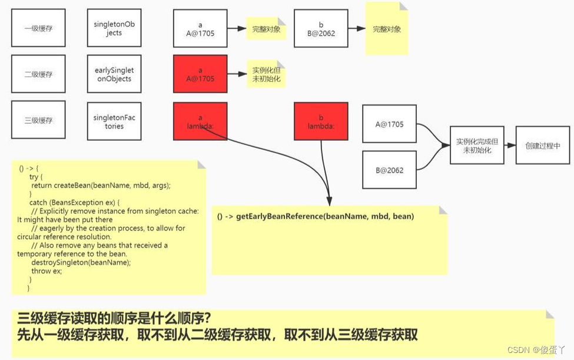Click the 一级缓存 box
tap(38, 28)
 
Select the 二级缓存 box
tap(38, 74)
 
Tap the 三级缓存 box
tap(38, 120)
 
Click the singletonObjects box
tap(114, 28)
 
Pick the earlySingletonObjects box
tap(114, 74)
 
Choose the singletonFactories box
tap(114, 121)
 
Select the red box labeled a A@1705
tap(200, 74)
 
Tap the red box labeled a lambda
tap(200, 121)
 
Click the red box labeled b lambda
tap(321, 121)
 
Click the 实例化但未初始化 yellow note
tap(266, 74)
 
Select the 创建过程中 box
tap(543, 146)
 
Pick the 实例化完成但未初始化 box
tap(477, 146)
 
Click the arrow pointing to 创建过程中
tap(510, 146)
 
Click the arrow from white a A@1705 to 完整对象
tap(237, 28)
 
